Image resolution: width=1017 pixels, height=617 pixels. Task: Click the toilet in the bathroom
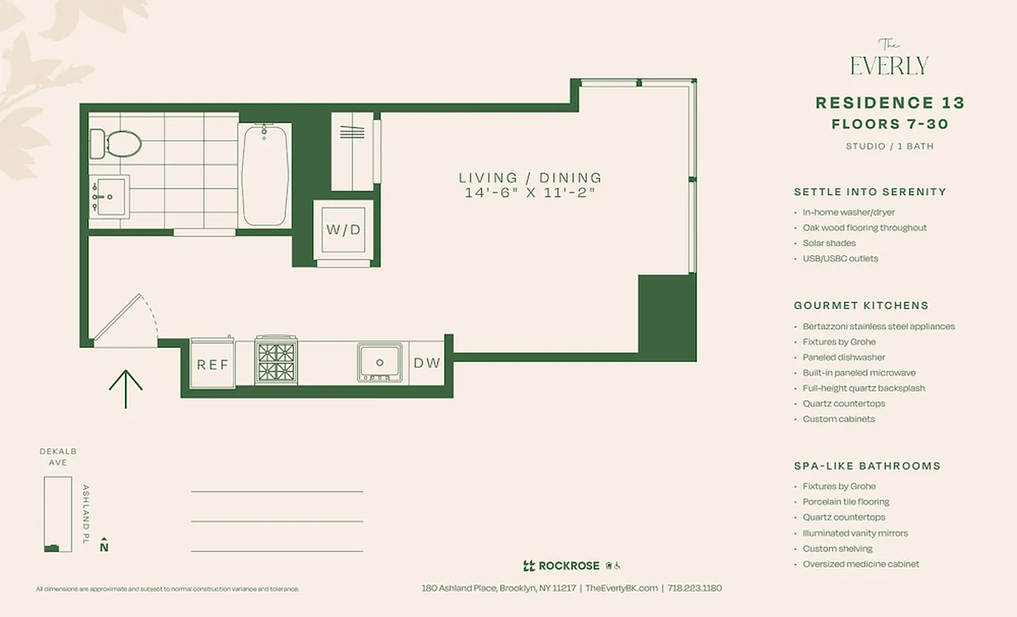pyautogui.click(x=117, y=143)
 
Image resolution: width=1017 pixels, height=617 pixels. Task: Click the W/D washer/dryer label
pyautogui.click(x=343, y=230)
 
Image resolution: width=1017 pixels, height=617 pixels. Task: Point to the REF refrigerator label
pyautogui.click(x=213, y=364)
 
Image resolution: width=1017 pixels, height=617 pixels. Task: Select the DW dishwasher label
pyautogui.click(x=427, y=362)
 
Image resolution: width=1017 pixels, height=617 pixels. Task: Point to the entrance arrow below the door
pyautogui.click(x=125, y=388)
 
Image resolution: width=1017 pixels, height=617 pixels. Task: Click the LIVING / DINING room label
pyautogui.click(x=529, y=178)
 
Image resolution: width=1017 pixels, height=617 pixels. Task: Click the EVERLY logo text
pyautogui.click(x=889, y=65)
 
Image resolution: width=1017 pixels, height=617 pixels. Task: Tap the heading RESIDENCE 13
pyautogui.click(x=890, y=103)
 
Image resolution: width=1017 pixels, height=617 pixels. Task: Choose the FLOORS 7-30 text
pyautogui.click(x=890, y=124)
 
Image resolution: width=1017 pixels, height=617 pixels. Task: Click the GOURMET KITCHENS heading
pyautogui.click(x=861, y=305)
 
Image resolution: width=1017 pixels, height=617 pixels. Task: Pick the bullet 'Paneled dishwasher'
pyautogui.click(x=843, y=357)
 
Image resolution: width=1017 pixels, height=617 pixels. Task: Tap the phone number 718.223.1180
pyautogui.click(x=694, y=588)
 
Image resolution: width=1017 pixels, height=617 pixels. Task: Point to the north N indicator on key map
pyautogui.click(x=104, y=546)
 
